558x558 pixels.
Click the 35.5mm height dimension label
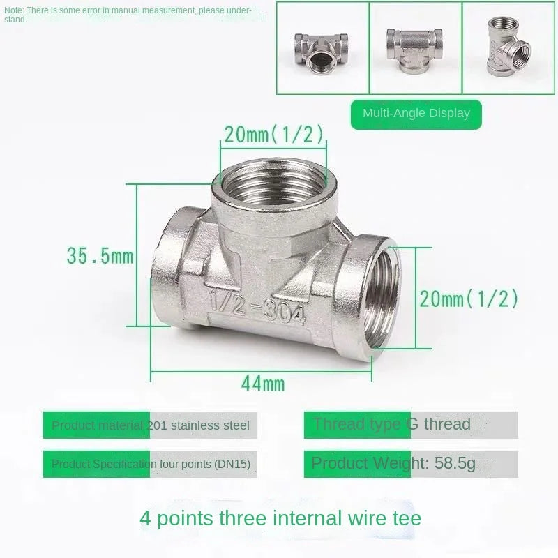click(100, 256)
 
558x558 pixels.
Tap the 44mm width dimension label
click(263, 383)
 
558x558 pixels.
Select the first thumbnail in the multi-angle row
click(322, 47)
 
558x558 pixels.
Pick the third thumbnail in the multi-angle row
click(508, 47)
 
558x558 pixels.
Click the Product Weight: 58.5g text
click(393, 463)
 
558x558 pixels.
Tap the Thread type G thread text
click(391, 424)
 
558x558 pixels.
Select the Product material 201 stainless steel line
click(150, 425)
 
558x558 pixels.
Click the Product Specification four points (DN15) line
click(151, 464)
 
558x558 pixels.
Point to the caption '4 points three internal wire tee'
click(280, 518)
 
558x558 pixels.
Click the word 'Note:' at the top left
click(14, 10)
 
